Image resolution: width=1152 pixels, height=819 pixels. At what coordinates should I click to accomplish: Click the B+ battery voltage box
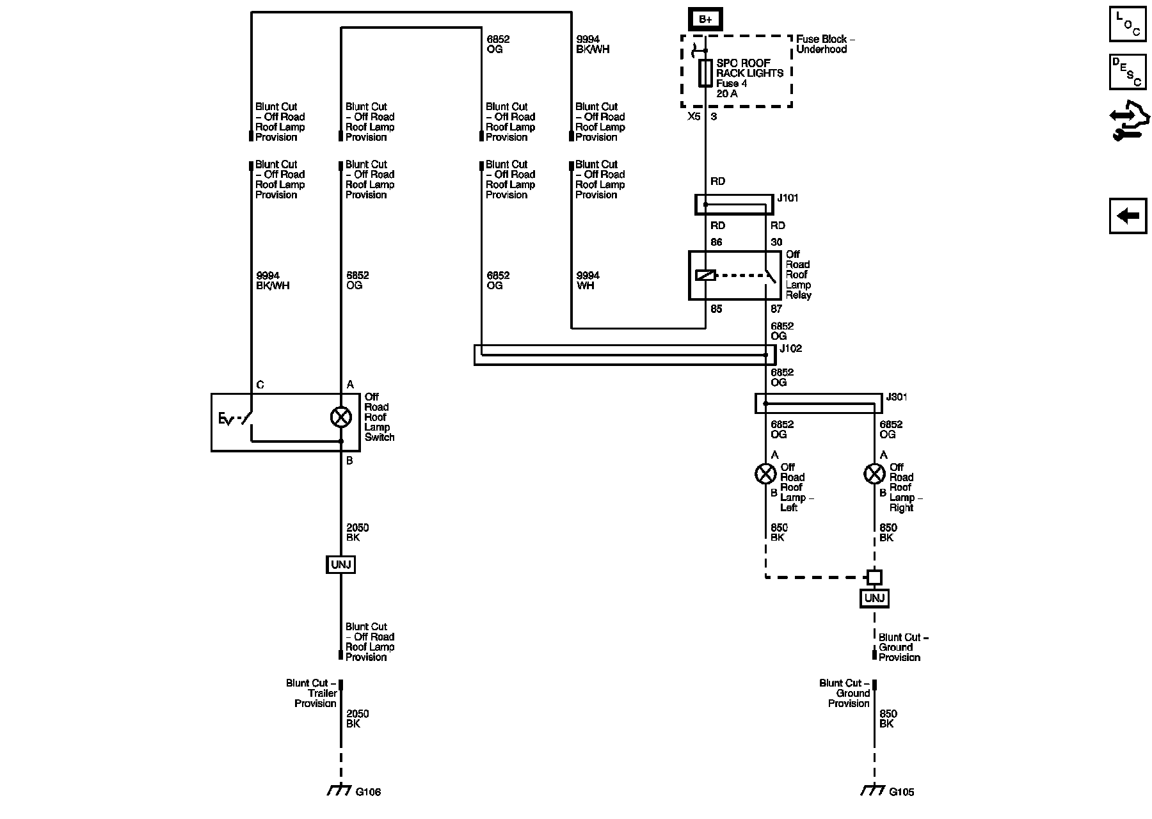705,19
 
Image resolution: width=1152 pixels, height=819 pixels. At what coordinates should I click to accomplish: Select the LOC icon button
1128,24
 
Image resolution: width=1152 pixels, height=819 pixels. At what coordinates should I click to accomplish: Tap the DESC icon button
1128,72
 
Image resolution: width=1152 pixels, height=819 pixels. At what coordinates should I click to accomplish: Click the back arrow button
1128,216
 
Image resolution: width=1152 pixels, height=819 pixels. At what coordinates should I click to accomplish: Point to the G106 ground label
368,792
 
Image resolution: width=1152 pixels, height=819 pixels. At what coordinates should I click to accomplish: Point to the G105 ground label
902,792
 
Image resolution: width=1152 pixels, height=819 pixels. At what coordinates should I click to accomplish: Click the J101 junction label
788,198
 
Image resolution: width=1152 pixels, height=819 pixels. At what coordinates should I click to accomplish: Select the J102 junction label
790,349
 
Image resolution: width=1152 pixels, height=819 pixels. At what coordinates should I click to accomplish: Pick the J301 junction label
897,397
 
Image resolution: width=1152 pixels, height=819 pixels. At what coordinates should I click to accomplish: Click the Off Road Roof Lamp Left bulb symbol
765,474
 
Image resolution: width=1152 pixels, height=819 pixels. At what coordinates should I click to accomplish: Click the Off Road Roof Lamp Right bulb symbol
874,474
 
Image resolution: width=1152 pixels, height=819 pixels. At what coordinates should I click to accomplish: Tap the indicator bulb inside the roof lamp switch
340,418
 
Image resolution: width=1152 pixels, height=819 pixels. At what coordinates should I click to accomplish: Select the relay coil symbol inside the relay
705,276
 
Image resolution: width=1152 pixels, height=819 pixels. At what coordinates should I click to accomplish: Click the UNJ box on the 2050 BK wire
340,564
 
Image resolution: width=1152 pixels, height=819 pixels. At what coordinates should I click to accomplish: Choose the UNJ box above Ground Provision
874,598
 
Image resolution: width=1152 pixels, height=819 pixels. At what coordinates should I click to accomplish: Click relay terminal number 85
716,309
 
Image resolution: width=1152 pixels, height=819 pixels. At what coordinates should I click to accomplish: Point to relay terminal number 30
776,243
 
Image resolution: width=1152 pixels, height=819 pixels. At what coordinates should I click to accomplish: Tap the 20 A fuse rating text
727,94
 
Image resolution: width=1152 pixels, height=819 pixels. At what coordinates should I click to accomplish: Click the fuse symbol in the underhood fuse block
705,73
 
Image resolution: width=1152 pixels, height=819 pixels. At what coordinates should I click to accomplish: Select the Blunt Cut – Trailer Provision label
312,694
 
